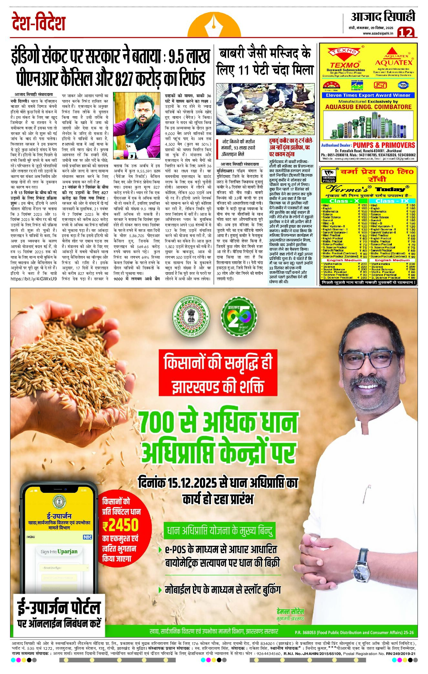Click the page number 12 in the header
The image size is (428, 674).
point(405,32)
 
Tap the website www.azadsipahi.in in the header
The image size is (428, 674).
point(378,33)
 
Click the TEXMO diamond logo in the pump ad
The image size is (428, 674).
point(344,51)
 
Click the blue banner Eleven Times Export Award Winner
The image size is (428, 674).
point(368,95)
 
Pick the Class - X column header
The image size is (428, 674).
point(344,201)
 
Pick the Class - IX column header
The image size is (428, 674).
point(392,201)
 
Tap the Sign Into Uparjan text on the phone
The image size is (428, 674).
point(59,552)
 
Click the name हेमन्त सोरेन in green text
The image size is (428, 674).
point(290,611)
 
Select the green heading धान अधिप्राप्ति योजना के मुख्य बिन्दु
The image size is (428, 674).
point(219,531)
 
